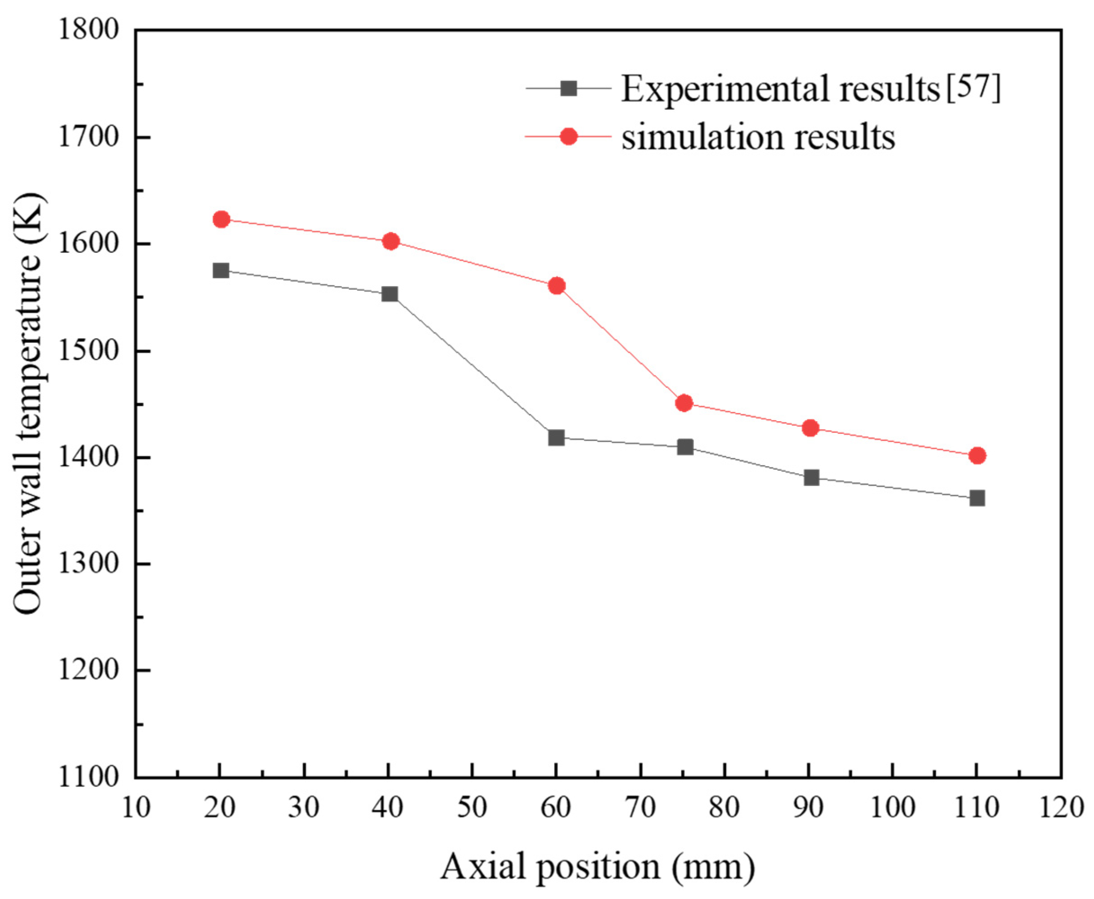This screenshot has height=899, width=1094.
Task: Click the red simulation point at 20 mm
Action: [221, 219]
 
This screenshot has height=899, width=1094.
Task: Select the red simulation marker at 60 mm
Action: [557, 285]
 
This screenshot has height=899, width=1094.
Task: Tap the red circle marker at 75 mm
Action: [684, 402]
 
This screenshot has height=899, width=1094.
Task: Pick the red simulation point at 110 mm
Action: [977, 456]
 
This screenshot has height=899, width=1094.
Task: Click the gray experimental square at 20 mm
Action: [221, 270]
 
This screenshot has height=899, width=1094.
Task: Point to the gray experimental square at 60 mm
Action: [556, 438]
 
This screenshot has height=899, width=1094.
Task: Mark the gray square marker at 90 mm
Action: [811, 477]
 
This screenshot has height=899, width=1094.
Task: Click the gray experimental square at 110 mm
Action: [977, 498]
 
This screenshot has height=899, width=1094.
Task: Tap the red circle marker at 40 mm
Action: [391, 241]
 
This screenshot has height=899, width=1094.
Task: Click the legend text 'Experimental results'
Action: [780, 89]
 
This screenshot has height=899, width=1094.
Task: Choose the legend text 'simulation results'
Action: [758, 137]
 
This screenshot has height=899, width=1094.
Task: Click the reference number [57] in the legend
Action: [974, 88]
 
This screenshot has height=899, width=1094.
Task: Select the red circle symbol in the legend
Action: [569, 137]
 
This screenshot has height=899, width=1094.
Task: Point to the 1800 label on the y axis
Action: [89, 30]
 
